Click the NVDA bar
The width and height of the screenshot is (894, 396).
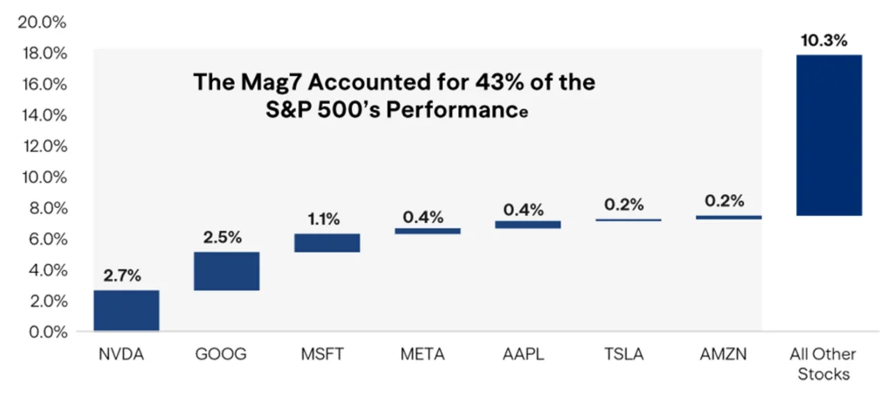(x=126, y=310)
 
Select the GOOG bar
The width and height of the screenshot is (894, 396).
(x=226, y=271)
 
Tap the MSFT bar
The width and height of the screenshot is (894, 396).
(x=327, y=242)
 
